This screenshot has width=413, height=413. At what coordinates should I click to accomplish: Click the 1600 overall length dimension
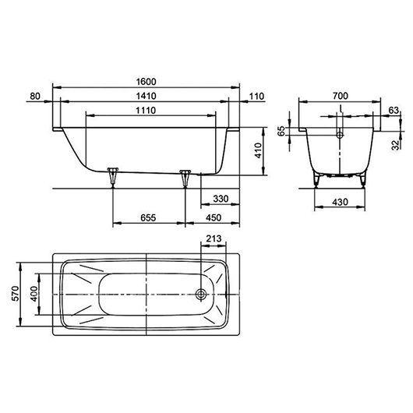point(146,81)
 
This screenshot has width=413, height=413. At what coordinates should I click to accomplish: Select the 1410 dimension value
point(146,96)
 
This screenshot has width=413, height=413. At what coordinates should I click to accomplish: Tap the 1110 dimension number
point(146,111)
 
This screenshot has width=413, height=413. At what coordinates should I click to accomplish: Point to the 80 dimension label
point(35,96)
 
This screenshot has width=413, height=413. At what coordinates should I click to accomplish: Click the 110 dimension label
point(256,96)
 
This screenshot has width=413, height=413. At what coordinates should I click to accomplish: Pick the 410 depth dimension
point(259,150)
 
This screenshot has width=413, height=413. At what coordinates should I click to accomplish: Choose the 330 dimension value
point(221,199)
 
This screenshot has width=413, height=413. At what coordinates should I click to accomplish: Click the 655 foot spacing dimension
point(148,218)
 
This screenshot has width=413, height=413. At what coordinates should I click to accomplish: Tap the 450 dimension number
point(214,218)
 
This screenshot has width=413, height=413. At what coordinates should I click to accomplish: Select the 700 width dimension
point(341,96)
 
